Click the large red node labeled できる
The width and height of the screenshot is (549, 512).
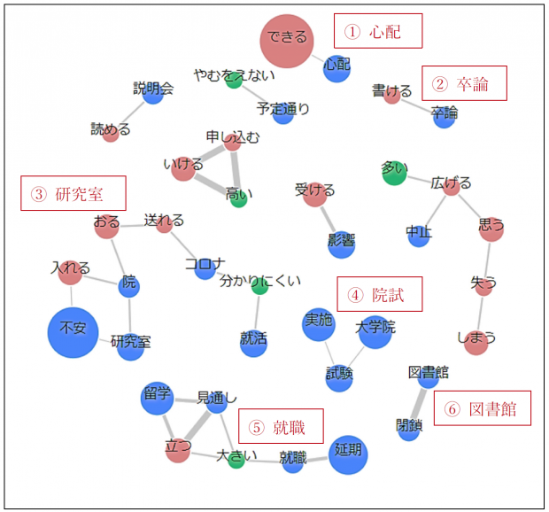coord(287,40)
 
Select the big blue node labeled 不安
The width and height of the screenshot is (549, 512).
coord(73,331)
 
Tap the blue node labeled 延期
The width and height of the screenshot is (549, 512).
coord(348,454)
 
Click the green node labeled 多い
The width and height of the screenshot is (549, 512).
coord(394,173)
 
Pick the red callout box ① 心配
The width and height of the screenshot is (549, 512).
coord(377,31)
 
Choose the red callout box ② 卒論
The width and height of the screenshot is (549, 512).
coord(463,83)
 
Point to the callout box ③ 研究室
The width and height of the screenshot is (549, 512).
coord(73,193)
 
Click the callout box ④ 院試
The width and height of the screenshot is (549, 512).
coord(379,293)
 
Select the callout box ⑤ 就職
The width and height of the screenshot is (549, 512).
coord(285,427)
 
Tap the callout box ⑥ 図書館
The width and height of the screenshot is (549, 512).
coord(482,408)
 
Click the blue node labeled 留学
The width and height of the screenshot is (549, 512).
coord(157,398)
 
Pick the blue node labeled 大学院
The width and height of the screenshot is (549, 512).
coord(375,332)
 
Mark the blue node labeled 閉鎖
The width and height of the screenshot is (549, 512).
coord(409,430)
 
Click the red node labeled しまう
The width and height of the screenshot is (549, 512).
coord(476,342)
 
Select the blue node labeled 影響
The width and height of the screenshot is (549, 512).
coord(342,244)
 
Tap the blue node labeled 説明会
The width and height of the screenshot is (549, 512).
coord(153,94)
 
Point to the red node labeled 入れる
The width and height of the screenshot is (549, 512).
coord(69,273)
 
